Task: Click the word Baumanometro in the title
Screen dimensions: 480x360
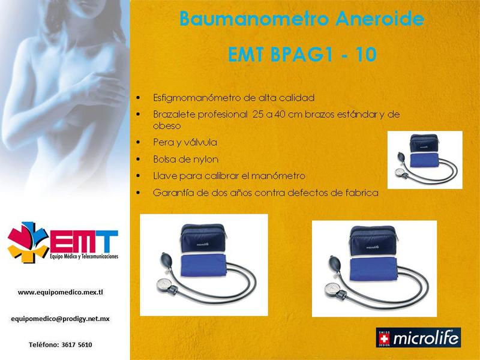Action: [x=254, y=19]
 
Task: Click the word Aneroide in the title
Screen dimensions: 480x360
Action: [x=380, y=19]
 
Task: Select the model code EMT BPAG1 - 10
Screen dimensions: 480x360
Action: [x=302, y=55]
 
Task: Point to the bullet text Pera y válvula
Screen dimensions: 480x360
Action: [x=185, y=142]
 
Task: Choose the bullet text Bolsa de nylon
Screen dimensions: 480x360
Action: [x=186, y=159]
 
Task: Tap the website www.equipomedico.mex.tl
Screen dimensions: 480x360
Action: [x=61, y=292]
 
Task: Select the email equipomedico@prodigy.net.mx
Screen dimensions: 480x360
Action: [x=61, y=319]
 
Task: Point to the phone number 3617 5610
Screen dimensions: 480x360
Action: [x=77, y=344]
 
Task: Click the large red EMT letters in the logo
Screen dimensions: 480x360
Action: [x=83, y=241]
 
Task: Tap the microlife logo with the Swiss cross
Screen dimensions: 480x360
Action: [x=418, y=338]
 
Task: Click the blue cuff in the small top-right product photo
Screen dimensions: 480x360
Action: [x=424, y=160]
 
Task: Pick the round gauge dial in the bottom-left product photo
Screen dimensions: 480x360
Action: [x=163, y=284]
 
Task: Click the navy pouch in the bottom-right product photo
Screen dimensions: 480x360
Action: [x=373, y=241]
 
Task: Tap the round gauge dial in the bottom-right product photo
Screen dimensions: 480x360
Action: [x=332, y=289]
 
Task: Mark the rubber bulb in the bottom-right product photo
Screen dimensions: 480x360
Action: [x=334, y=263]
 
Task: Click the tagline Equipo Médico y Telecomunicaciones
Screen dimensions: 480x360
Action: [x=84, y=256]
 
